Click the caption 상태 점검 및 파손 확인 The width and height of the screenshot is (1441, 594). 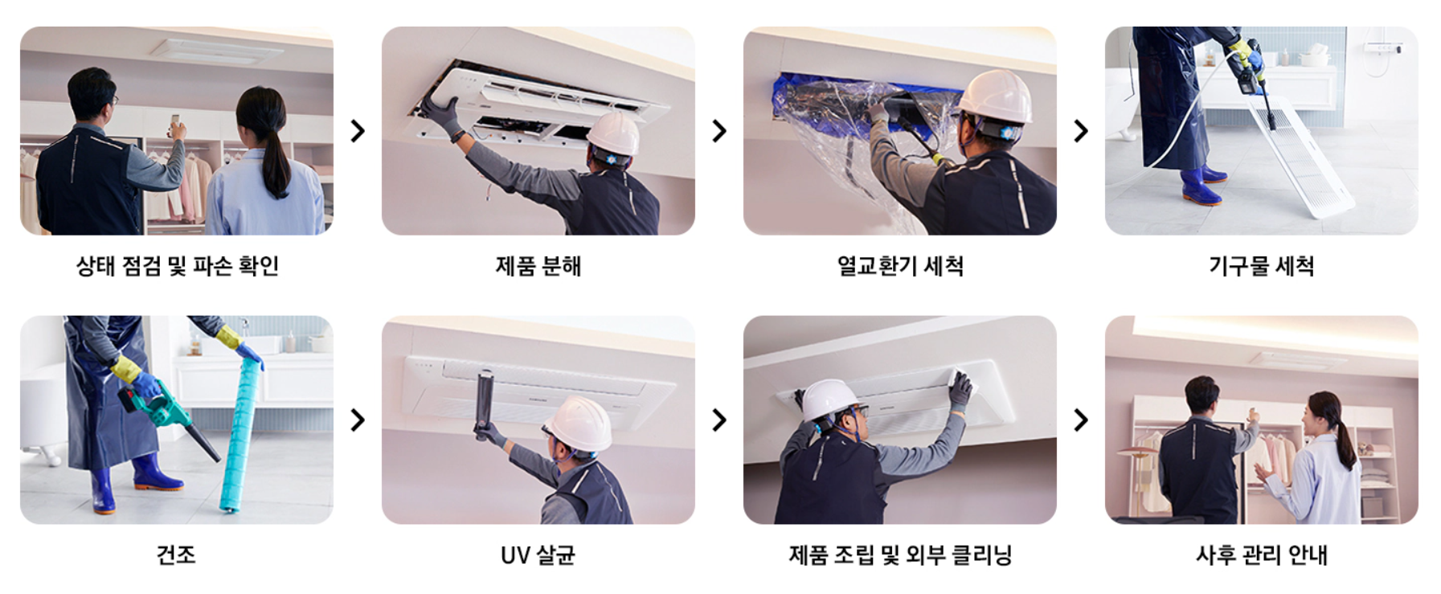click(177, 265)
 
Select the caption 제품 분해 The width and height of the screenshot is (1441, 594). click(538, 265)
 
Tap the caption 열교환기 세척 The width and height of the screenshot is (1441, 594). click(900, 265)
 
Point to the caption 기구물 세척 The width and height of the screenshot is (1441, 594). click(1261, 265)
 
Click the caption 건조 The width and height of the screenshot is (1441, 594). click(176, 555)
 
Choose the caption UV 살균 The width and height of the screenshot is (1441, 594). click(538, 555)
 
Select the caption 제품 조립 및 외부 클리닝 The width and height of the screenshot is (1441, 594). click(900, 555)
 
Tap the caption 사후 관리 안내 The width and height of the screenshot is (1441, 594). click(1261, 555)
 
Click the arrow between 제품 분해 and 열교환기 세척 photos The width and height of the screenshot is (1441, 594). click(719, 131)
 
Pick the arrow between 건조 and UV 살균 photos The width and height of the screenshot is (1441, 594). click(358, 420)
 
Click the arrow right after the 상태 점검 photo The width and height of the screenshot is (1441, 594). click(358, 131)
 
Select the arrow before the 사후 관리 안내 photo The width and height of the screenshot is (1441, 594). click(1081, 420)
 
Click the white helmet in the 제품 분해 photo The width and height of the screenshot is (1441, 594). click(614, 133)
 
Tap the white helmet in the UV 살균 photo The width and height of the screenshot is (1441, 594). click(579, 424)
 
